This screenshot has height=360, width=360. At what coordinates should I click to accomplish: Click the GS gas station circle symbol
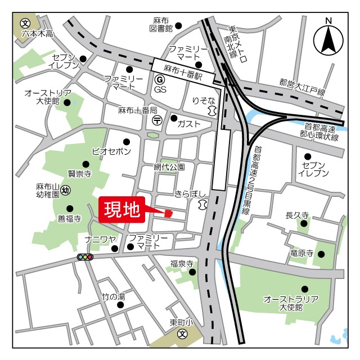(x=160, y=80)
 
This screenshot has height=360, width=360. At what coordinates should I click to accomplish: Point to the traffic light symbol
(x=85, y=257)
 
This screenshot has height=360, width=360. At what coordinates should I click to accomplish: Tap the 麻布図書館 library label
(x=161, y=24)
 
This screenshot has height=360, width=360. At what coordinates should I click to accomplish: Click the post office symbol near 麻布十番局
(x=158, y=119)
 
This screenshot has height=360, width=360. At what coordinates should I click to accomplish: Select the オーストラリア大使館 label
(x=291, y=303)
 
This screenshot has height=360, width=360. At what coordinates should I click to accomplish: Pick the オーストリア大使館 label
(x=48, y=97)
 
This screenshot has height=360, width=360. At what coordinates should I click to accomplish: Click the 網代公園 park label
(x=169, y=167)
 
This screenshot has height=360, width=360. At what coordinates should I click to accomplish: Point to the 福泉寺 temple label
(x=182, y=263)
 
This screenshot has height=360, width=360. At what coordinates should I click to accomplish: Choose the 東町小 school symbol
(x=183, y=334)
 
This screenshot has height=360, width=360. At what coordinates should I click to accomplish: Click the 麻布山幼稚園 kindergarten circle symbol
(x=66, y=190)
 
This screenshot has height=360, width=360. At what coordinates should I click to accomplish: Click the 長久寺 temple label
(x=298, y=215)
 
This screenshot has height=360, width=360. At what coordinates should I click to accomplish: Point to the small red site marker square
(x=168, y=213)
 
